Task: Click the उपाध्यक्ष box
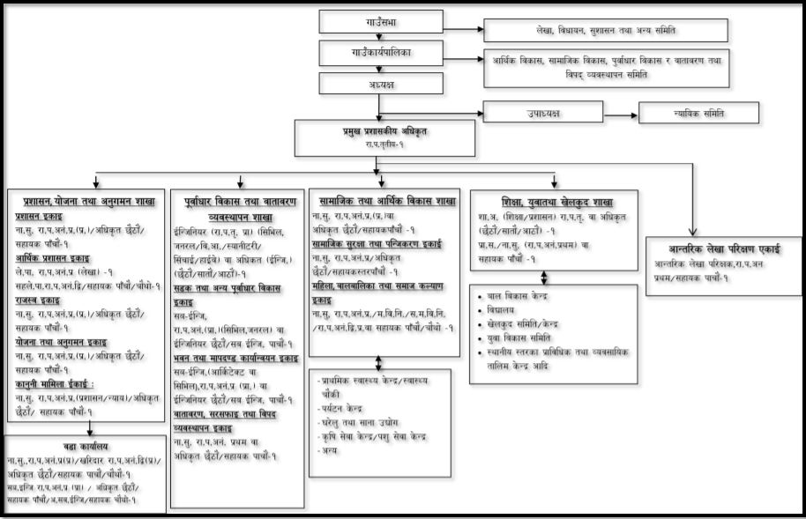[543, 112]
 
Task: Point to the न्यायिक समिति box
[698, 113]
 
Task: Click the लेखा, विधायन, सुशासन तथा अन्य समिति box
[605, 30]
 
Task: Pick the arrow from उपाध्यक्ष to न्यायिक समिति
[621, 113]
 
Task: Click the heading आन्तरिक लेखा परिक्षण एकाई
[723, 251]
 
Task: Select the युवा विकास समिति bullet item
[524, 337]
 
